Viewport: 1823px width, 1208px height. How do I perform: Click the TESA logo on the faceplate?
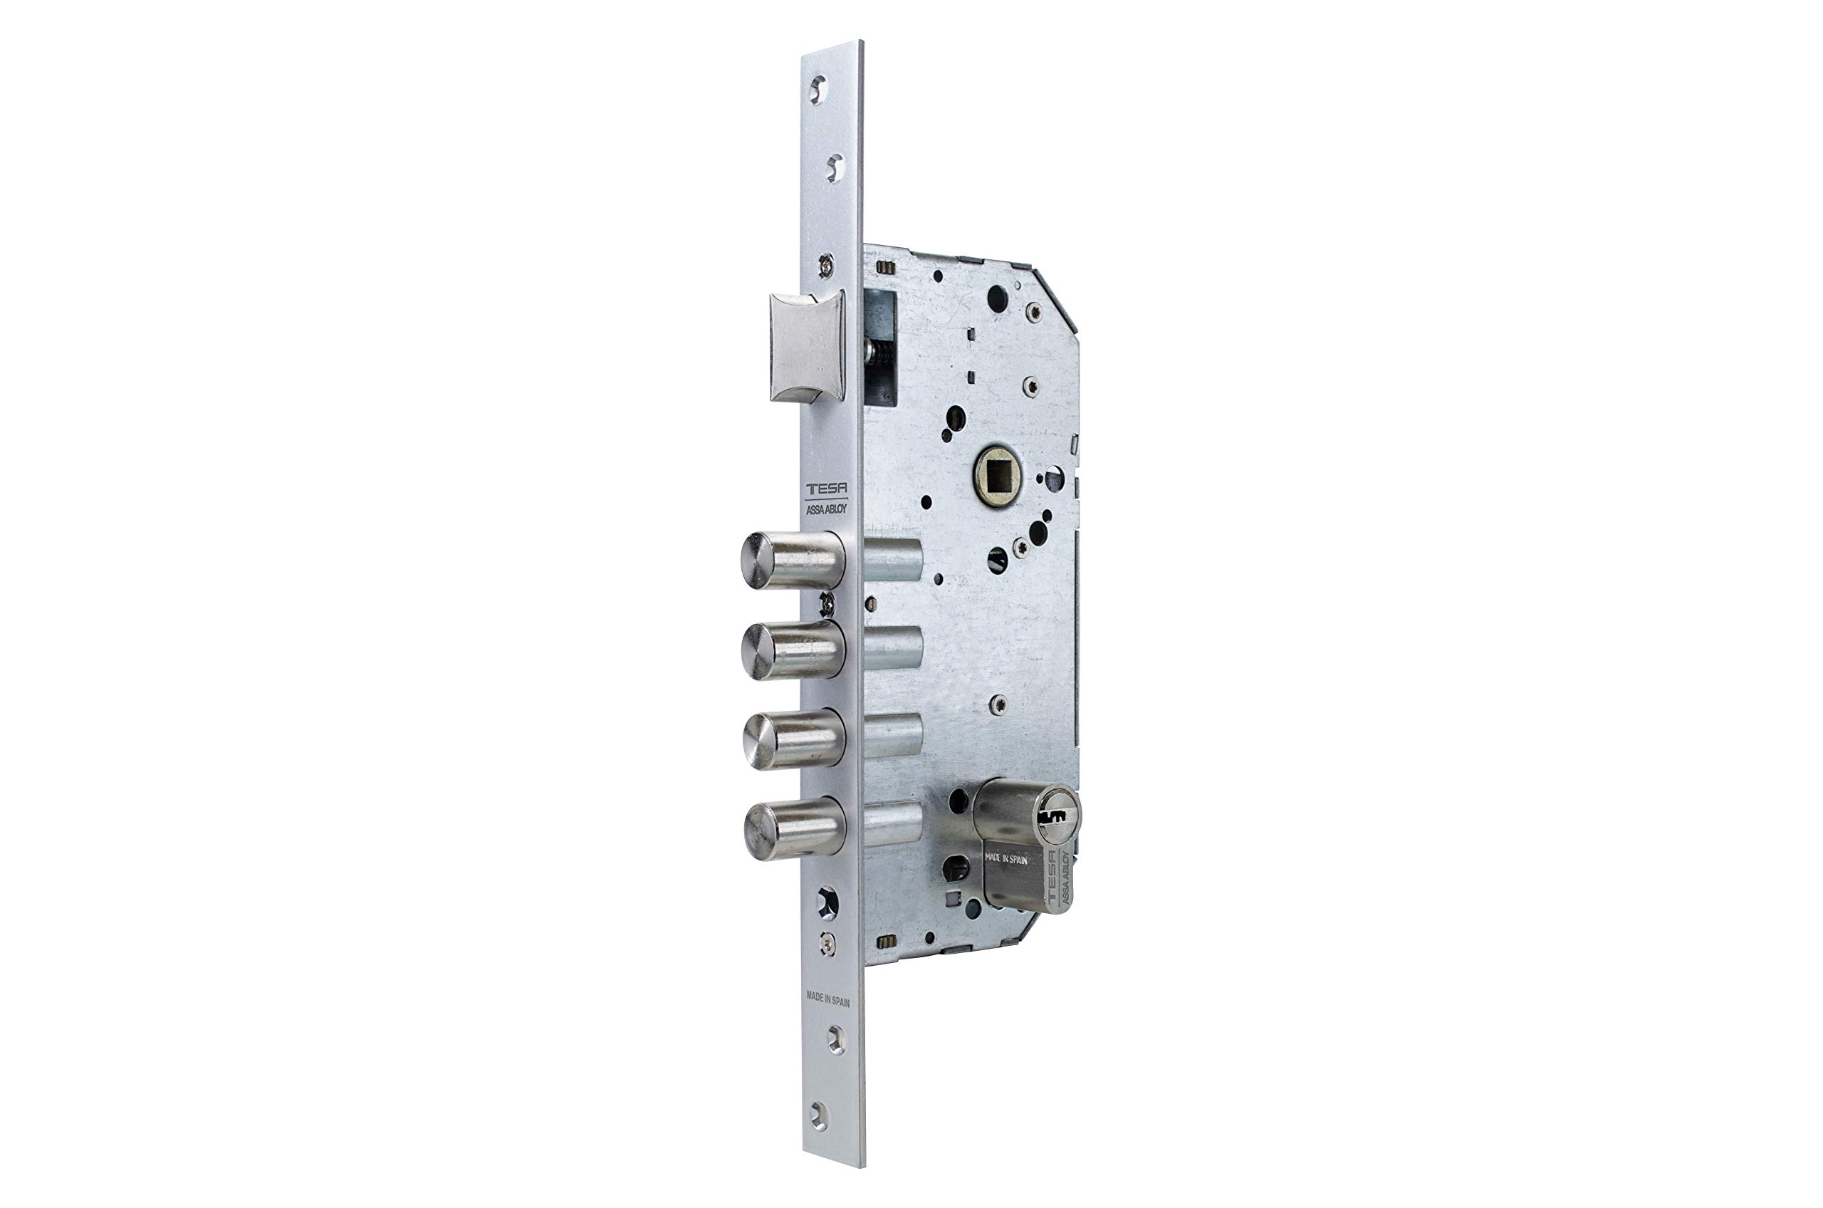click(825, 489)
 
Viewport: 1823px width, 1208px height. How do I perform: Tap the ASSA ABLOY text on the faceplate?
click(825, 509)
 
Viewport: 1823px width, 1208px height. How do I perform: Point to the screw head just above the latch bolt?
click(825, 265)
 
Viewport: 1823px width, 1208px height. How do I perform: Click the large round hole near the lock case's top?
click(997, 298)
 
